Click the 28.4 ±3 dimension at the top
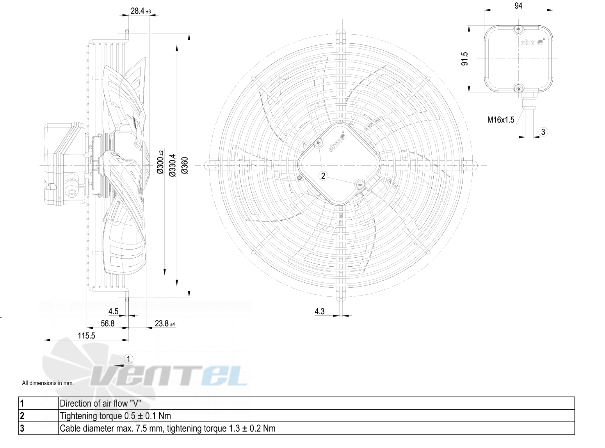point(141,11)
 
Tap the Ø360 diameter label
point(185,165)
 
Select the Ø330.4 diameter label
point(173,165)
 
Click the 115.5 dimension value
point(86,335)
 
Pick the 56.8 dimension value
point(107,324)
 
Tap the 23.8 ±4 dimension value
point(165,324)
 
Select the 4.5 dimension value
point(113,311)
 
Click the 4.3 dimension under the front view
point(319,311)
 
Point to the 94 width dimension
point(518,5)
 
